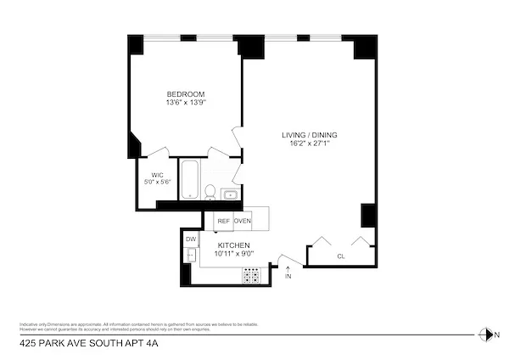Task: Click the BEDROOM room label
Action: pyautogui.click(x=185, y=93)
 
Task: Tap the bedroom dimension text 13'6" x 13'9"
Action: pyautogui.click(x=185, y=102)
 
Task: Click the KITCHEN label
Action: pyautogui.click(x=232, y=245)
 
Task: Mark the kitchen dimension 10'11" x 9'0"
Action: pyautogui.click(x=232, y=253)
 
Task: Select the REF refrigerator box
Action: pyautogui.click(x=223, y=221)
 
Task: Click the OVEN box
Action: pyautogui.click(x=243, y=221)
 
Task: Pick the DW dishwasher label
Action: pyautogui.click(x=189, y=239)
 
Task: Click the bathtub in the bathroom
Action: pyautogui.click(x=190, y=178)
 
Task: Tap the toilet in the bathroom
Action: pyautogui.click(x=210, y=192)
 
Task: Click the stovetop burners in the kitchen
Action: pyautogui.click(x=253, y=274)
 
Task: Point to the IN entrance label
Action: pyautogui.click(x=288, y=276)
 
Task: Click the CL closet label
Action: pyautogui.click(x=341, y=256)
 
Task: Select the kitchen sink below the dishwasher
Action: pyautogui.click(x=189, y=255)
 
